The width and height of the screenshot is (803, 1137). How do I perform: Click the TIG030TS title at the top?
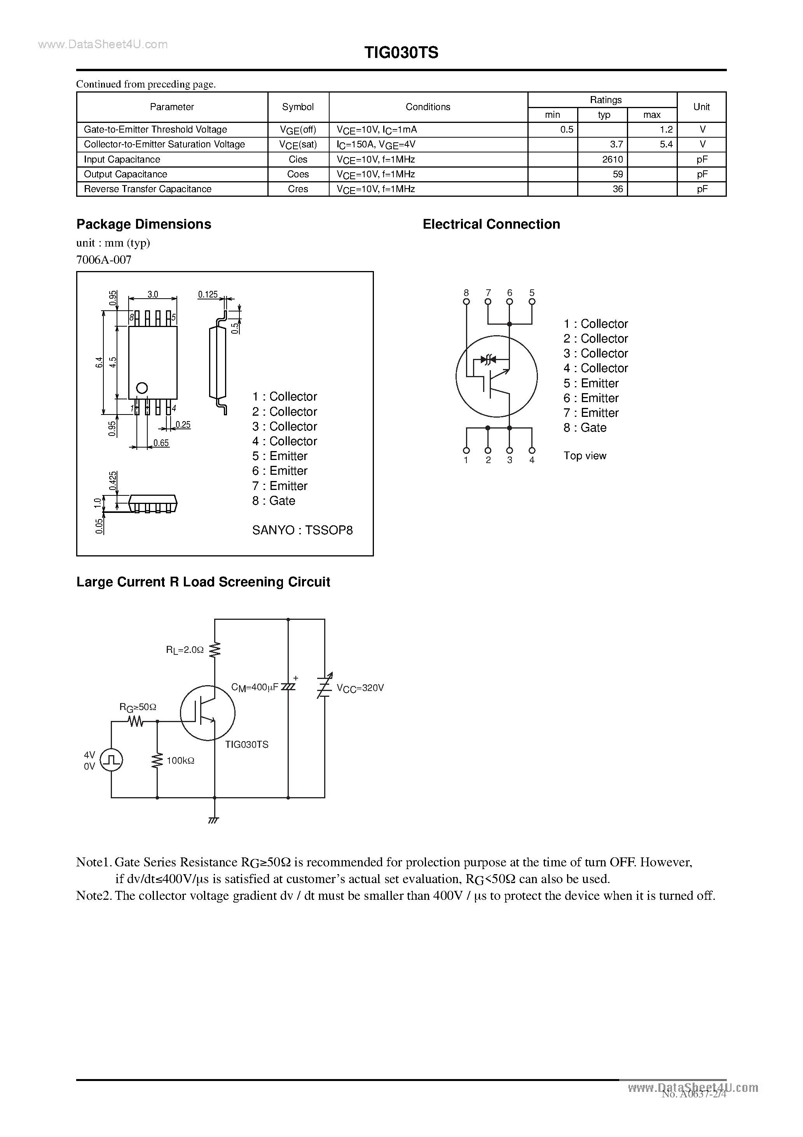click(x=401, y=53)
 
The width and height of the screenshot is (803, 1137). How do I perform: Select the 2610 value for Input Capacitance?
click(x=613, y=159)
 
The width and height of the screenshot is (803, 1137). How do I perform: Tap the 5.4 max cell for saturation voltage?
click(x=666, y=145)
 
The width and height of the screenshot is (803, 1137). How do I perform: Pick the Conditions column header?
click(x=428, y=107)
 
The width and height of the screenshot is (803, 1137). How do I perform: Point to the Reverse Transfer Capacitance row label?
click(x=148, y=189)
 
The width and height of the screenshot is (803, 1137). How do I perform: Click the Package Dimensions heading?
click(x=143, y=224)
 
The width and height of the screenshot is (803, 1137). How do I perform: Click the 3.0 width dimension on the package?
click(x=152, y=294)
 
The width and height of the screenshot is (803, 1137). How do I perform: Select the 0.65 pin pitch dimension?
click(x=161, y=443)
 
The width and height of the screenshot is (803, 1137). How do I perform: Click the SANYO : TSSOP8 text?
click(x=302, y=530)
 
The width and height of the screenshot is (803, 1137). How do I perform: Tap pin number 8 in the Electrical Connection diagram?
click(x=466, y=293)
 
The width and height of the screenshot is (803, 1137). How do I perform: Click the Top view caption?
click(x=584, y=456)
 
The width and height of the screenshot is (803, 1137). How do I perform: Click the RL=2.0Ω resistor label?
click(x=185, y=650)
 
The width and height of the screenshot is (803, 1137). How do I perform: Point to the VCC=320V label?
click(x=360, y=688)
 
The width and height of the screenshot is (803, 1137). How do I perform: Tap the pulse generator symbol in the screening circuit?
click(x=112, y=760)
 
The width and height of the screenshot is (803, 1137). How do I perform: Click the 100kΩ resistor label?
click(x=180, y=761)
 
